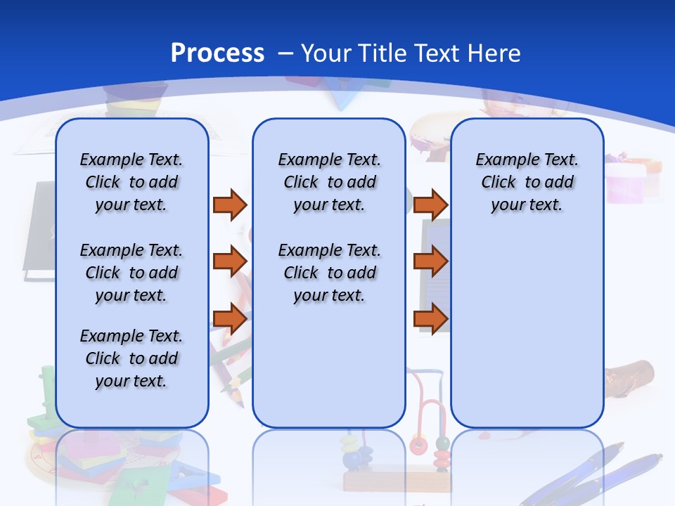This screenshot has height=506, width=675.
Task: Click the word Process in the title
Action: click(x=217, y=53)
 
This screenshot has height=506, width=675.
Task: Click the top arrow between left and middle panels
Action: click(x=230, y=205)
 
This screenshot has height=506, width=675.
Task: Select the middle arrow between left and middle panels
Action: click(x=230, y=261)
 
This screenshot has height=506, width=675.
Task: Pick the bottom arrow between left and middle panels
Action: click(x=230, y=319)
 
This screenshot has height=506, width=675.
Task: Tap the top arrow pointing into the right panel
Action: click(x=430, y=205)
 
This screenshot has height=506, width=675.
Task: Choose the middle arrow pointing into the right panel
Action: click(x=430, y=261)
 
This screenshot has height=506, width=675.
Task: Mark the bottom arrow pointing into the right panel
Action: click(x=430, y=319)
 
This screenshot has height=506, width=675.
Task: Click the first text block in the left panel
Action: click(x=131, y=182)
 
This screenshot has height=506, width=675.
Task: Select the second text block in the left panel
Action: click(x=131, y=273)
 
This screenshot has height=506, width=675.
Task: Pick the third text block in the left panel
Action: click(x=131, y=358)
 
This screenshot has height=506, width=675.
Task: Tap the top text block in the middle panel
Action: click(x=329, y=182)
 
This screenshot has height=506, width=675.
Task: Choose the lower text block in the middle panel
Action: click(x=329, y=273)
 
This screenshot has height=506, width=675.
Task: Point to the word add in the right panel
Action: click(x=559, y=183)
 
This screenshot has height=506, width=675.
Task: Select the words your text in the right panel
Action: click(x=527, y=205)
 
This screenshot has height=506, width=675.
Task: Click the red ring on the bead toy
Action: click(x=419, y=445)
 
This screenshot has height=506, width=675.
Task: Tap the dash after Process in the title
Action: click(x=285, y=53)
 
